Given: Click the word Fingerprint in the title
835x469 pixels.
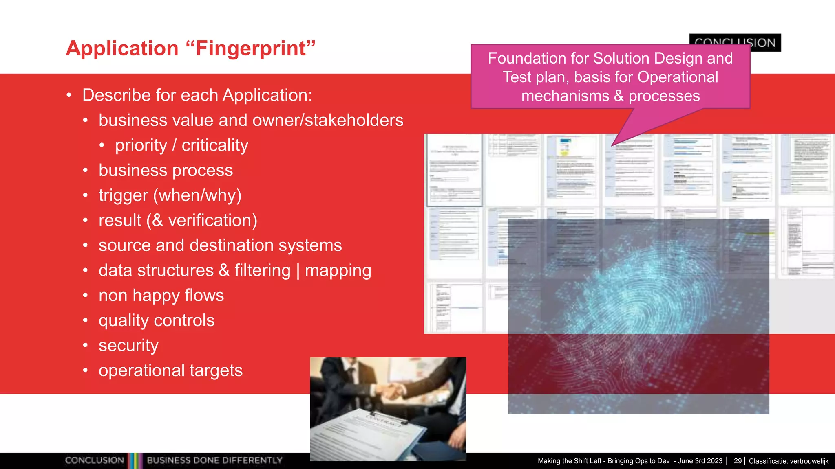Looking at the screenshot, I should [x=251, y=48].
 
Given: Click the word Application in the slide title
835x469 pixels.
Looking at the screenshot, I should [x=122, y=48].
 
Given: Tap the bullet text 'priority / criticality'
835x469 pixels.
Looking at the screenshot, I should [x=181, y=145].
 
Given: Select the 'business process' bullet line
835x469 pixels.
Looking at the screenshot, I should [x=166, y=170].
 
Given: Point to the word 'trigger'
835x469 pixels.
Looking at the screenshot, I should [x=123, y=195].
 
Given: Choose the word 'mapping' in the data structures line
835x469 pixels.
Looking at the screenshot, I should [x=338, y=270].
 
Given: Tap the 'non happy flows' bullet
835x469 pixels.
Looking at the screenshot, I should [x=161, y=295].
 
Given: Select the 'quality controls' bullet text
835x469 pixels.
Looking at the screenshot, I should [x=156, y=320].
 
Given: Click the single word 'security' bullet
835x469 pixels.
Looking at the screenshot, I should [x=128, y=345].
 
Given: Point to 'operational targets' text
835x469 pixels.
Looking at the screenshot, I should [x=170, y=370].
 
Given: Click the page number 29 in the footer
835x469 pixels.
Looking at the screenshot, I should [x=738, y=461].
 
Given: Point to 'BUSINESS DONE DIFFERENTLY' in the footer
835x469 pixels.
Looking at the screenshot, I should [x=214, y=460].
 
